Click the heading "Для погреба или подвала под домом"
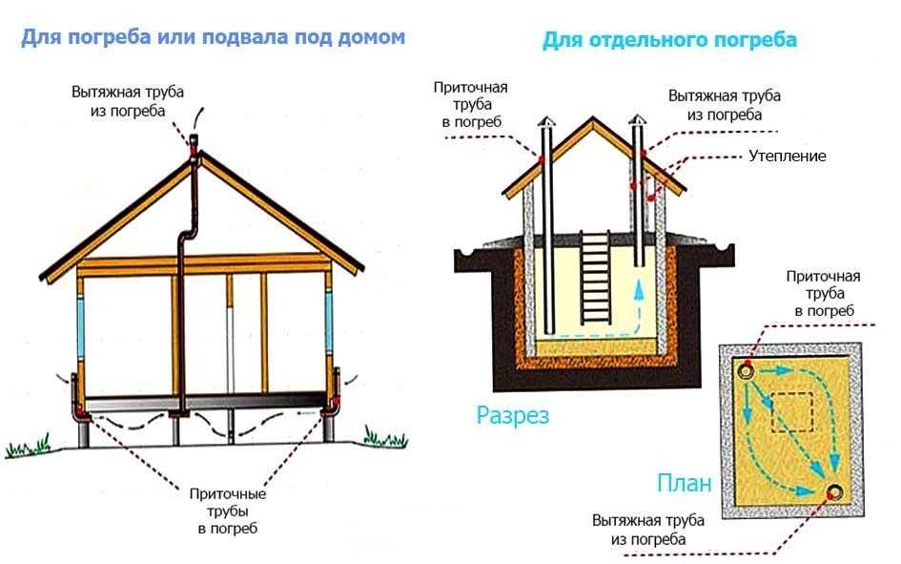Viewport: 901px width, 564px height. pos(214,38)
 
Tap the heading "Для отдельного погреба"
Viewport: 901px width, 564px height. pos(670,40)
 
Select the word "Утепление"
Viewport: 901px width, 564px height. pos(788,156)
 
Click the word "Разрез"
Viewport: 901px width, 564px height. pos(513,415)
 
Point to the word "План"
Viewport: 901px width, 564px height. pos(684,483)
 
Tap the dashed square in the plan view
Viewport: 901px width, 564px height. pos(791,411)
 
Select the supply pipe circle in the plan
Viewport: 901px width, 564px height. pos(747,371)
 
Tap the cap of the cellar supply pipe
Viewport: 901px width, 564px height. pos(546,121)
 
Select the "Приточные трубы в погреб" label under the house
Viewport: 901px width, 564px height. pos(228,512)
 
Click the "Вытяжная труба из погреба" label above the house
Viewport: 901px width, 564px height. pos(128,101)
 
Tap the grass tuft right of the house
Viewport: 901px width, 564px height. pos(385,437)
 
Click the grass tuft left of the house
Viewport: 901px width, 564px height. pos(28,446)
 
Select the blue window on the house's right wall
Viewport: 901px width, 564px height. pos(329,321)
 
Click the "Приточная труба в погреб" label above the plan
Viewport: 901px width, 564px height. pos(824,293)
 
